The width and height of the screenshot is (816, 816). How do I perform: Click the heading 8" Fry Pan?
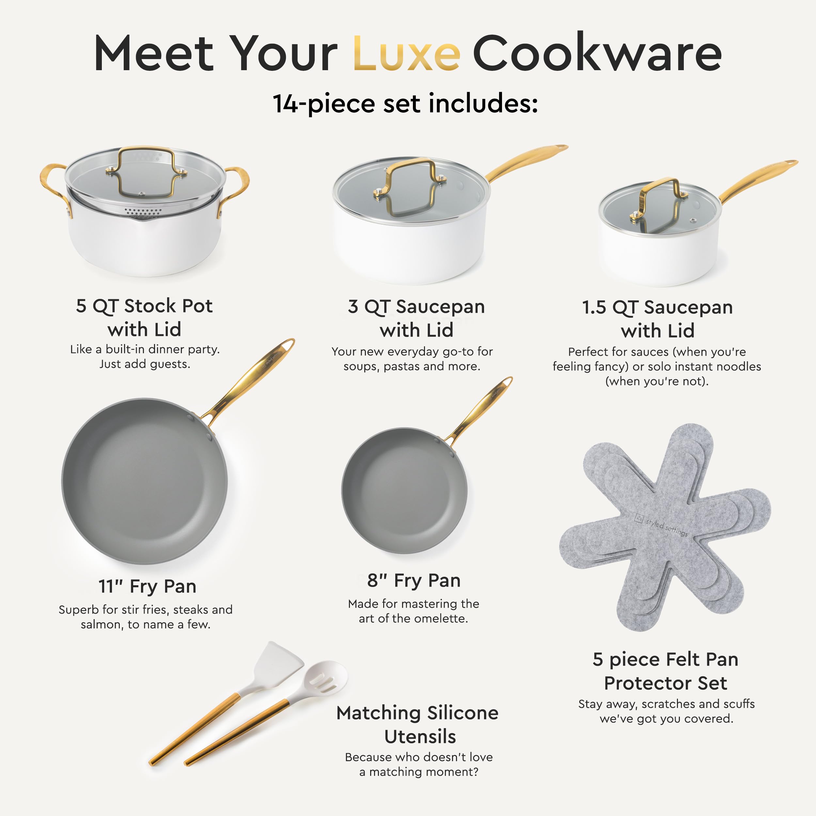[414, 581]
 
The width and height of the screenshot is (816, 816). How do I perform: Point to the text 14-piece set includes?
[405, 103]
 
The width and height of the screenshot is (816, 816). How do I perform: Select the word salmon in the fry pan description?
[102, 625]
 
